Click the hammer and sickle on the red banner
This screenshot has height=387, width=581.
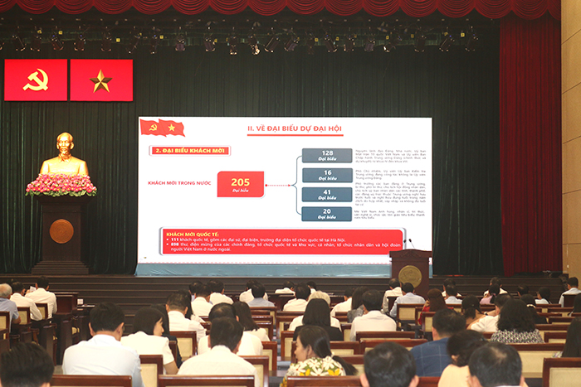pyautogui.click(x=36, y=80)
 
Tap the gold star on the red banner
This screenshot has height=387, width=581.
pyautogui.click(x=101, y=80)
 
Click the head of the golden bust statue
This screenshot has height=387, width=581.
pyautogui.click(x=65, y=145)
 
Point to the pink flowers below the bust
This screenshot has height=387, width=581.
pyautogui.click(x=61, y=184)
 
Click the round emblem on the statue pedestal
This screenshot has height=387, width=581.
pyautogui.click(x=61, y=230)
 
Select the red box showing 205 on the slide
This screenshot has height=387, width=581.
pyautogui.click(x=241, y=184)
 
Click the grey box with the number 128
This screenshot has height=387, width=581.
pyautogui.click(x=327, y=156)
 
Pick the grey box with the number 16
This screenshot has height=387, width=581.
pyautogui.click(x=327, y=175)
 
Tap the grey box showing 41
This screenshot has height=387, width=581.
pyautogui.click(x=327, y=194)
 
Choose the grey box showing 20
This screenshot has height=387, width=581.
pyautogui.click(x=327, y=213)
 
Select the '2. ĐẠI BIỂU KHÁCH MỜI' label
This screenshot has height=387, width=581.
pyautogui.click(x=188, y=151)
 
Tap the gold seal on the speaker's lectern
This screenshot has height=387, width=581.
pyautogui.click(x=410, y=275)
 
